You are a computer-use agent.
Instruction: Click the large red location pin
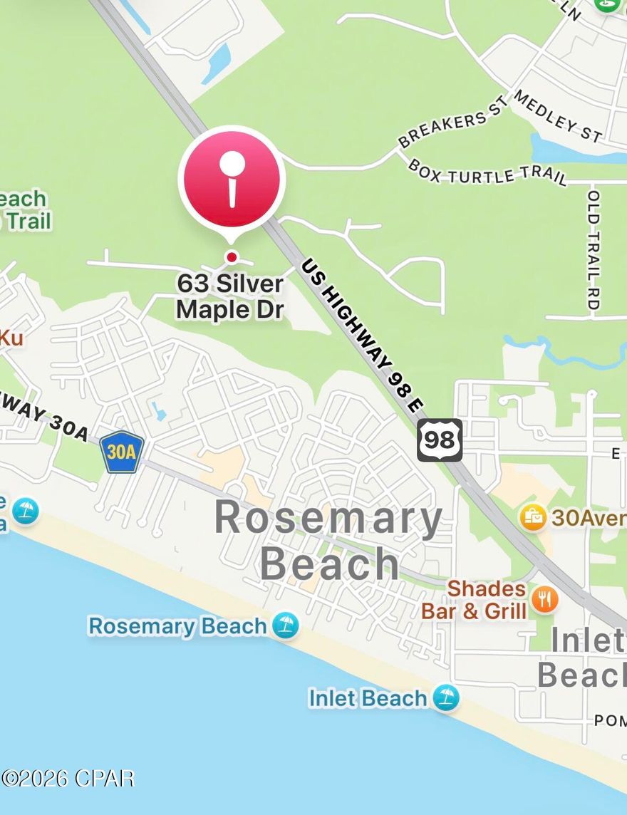(x=232, y=178)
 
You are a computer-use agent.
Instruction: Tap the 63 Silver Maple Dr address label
(x=230, y=296)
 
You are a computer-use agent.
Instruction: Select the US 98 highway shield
(x=440, y=440)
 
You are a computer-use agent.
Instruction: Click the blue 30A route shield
(x=122, y=452)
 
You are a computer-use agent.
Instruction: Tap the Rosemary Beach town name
(x=328, y=540)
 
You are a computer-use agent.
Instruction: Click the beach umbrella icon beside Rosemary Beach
(x=286, y=625)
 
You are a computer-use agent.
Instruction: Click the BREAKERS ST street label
(x=453, y=121)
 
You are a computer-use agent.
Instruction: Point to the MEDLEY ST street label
(x=558, y=115)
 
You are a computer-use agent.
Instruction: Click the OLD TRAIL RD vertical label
(x=593, y=249)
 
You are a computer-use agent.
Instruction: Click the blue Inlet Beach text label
(x=368, y=697)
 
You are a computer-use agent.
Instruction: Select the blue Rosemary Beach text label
(x=177, y=626)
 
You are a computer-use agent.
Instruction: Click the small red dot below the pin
(x=231, y=256)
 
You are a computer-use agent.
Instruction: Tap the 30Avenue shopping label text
(x=589, y=517)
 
